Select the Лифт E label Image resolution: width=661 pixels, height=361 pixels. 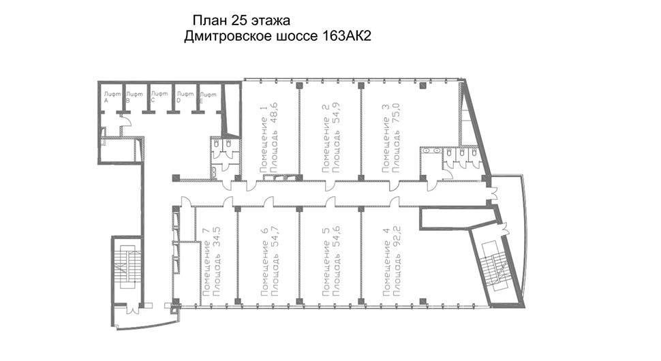point(208,97)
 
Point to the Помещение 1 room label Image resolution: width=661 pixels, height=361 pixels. point(264,140)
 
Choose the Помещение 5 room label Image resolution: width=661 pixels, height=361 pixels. point(326,268)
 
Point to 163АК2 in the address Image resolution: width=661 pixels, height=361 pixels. point(347,36)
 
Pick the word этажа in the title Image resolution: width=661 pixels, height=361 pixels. point(271,21)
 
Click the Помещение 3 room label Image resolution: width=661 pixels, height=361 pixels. point(386,138)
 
